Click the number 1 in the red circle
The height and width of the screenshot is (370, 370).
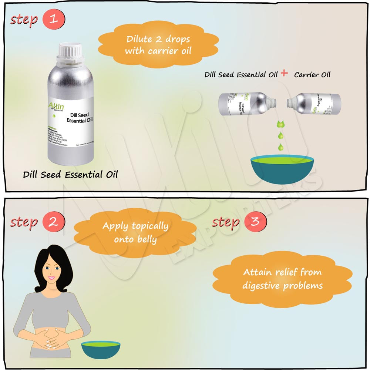pos(54,19)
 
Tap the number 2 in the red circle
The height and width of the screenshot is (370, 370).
pos(54,222)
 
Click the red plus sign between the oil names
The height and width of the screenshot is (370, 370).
pos(284,73)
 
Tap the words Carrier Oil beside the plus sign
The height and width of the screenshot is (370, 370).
pos(312,74)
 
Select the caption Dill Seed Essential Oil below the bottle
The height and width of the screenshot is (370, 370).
pos(70,174)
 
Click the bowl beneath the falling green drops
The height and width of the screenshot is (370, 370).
pos(282,168)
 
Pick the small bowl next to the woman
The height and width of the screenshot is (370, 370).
pos(101,349)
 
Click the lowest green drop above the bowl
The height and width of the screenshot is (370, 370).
pos(281,147)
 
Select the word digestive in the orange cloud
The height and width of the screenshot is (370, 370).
pos(261,286)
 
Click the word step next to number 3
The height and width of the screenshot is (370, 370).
pos(226,222)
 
